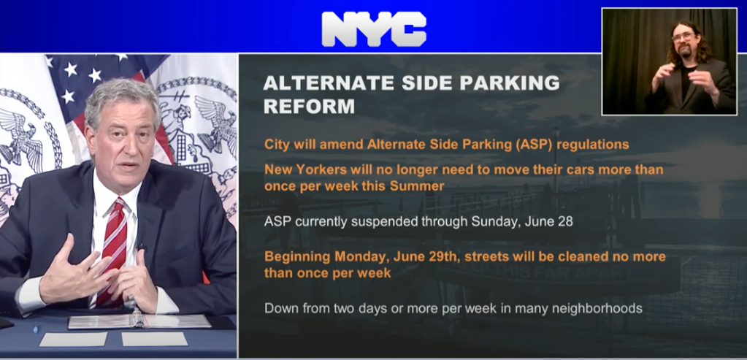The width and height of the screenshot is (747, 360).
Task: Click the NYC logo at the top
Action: coord(374,28)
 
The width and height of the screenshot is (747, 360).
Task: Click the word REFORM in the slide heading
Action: coord(309,107)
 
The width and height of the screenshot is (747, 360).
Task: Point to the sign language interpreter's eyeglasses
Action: coord(683,37)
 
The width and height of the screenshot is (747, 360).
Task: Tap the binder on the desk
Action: coord(138,320)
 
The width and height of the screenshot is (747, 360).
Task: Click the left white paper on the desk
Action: coord(73,339)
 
